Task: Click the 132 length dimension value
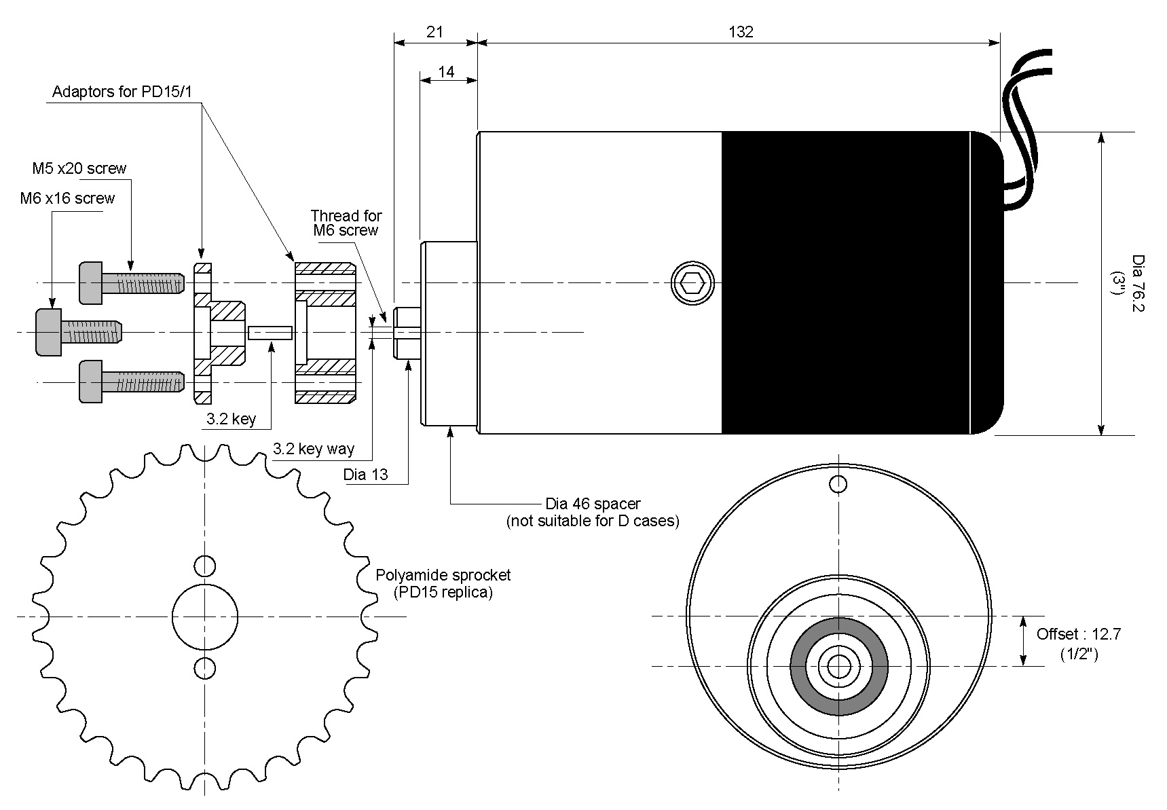tap(741, 32)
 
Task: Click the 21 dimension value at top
tap(435, 32)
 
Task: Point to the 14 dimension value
tap(446, 71)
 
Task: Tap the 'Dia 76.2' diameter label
tap(1138, 283)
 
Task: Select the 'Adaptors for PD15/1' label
tap(127, 92)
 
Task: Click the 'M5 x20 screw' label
tap(79, 168)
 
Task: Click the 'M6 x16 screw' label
tap(67, 198)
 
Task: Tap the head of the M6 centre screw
tap(48, 332)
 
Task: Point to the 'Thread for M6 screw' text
tap(346, 223)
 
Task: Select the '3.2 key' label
tap(231, 419)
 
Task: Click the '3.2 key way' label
tap(313, 449)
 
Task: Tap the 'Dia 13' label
tap(365, 475)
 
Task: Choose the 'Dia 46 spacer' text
tap(593, 504)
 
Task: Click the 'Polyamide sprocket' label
tap(443, 575)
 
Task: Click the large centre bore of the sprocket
tap(204, 616)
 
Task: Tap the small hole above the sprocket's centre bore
tap(204, 565)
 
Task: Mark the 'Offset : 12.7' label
tap(1078, 634)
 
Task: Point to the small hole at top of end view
tap(838, 484)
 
